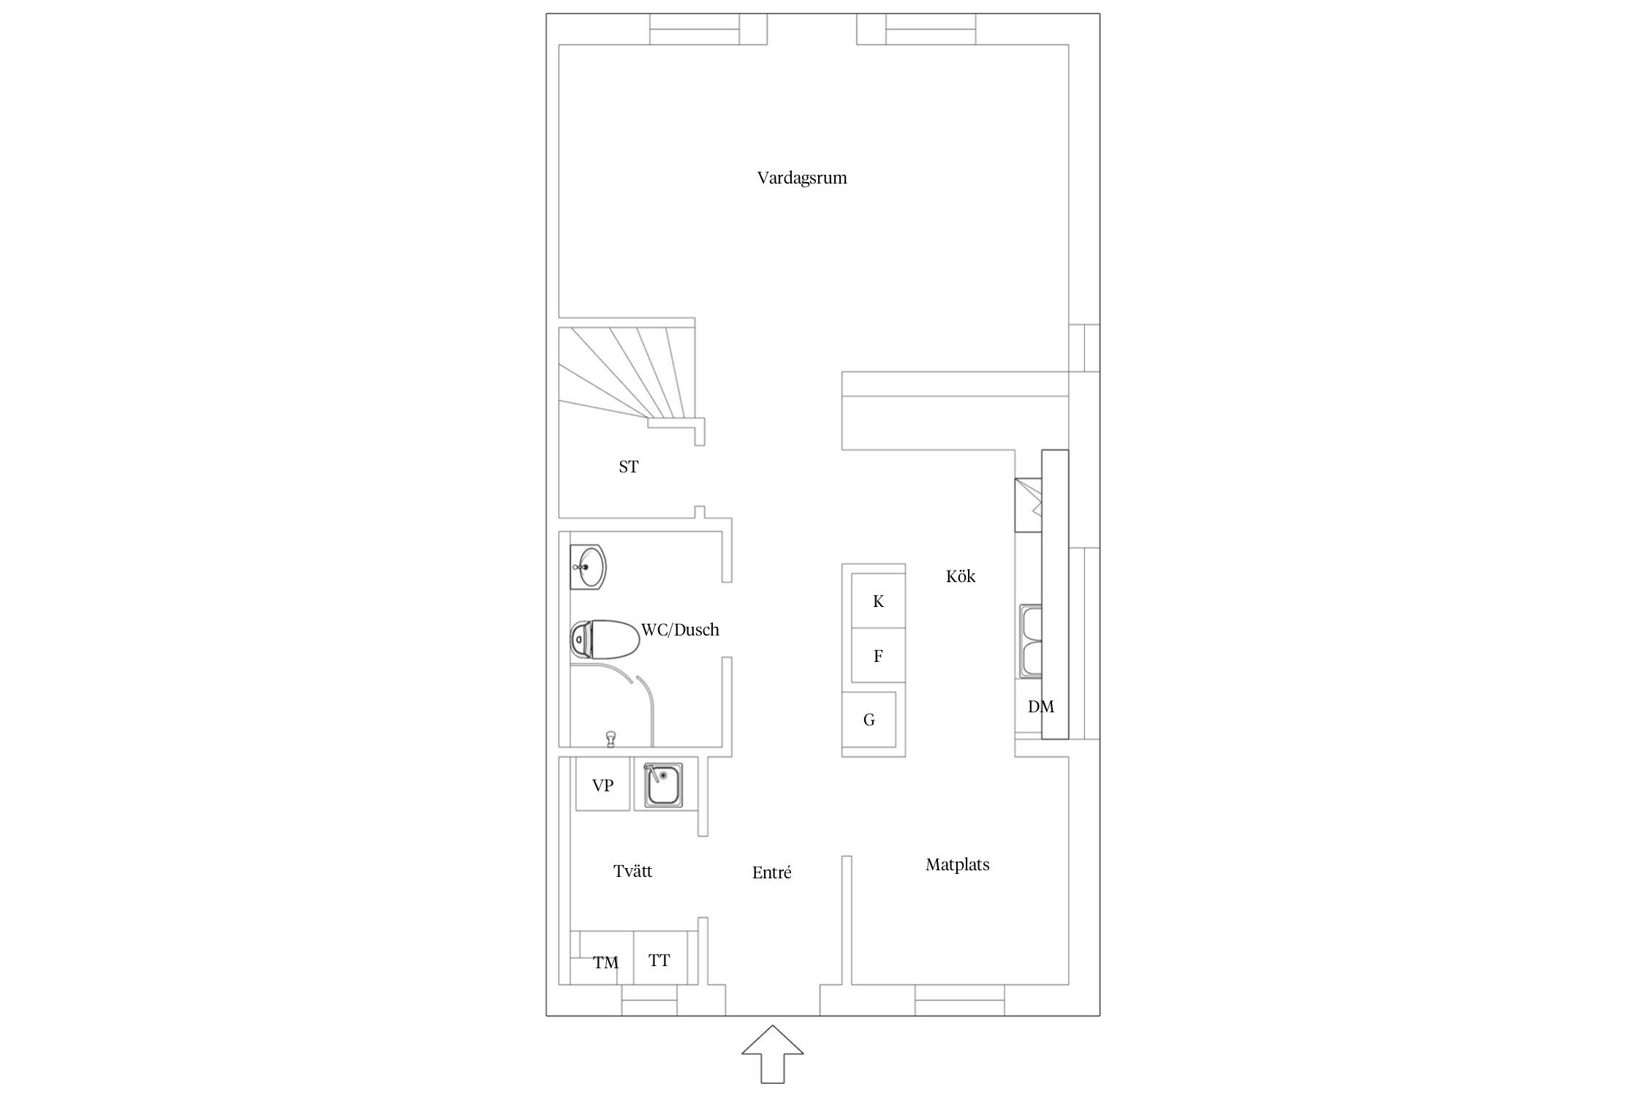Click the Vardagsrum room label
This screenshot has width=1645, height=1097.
[802, 178]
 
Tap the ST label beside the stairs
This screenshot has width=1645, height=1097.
[629, 467]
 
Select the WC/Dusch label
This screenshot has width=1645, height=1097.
[680, 629]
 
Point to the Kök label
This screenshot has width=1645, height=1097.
[961, 576]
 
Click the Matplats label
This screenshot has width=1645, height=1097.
[957, 864]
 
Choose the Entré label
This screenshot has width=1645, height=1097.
[772, 872]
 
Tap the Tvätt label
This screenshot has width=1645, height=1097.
[632, 871]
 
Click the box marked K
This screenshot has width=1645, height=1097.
[878, 601]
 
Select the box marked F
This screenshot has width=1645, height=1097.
[878, 656]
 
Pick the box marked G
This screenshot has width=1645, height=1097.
[869, 720]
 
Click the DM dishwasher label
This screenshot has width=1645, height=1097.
[1041, 706]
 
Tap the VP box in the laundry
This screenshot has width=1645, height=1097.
[602, 785]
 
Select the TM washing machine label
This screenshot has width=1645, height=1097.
[605, 963]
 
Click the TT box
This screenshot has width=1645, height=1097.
[659, 960]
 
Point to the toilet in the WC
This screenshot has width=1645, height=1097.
[604, 640]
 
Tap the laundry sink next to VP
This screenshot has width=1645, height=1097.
[663, 785]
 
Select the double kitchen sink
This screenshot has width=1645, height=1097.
[1032, 641]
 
